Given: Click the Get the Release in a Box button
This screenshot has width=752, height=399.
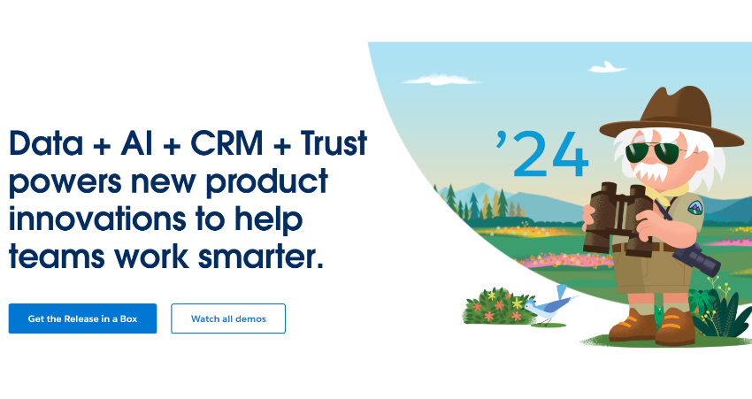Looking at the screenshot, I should (x=82, y=318).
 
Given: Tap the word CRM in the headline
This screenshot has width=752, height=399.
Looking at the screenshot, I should (x=221, y=144).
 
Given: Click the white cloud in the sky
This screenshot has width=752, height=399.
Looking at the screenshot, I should (x=608, y=66).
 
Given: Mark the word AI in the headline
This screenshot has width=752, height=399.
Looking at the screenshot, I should (x=135, y=144).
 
